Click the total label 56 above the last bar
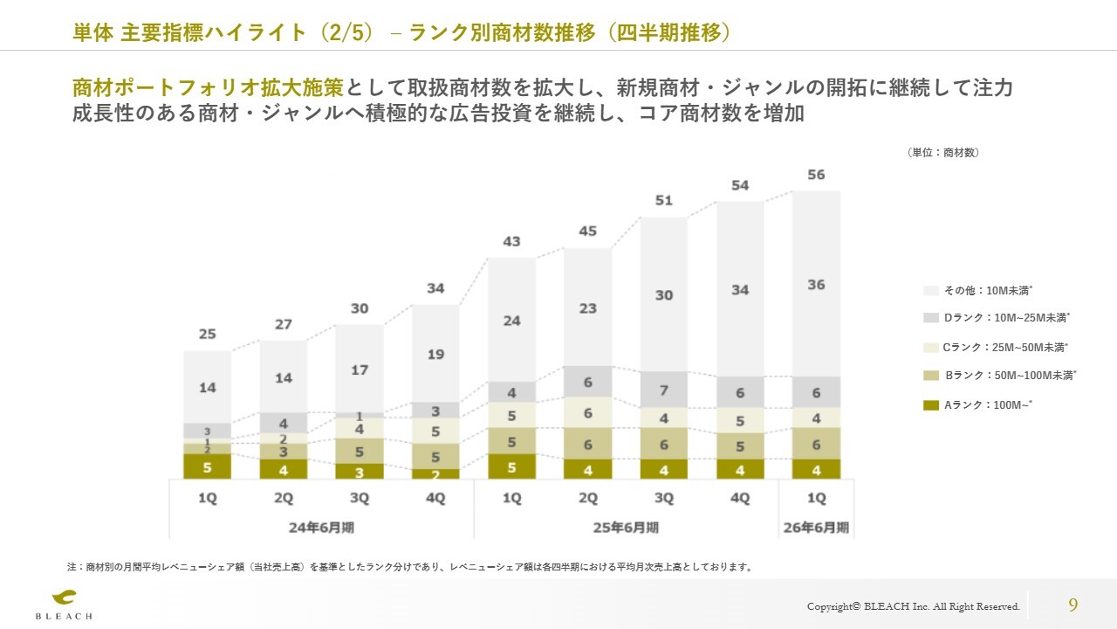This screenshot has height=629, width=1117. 816,175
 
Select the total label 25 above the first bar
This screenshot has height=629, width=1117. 207,334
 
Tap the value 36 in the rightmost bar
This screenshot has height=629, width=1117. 816,285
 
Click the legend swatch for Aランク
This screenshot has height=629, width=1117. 930,404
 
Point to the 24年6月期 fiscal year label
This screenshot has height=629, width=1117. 320,528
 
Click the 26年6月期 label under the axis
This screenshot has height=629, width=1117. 816,528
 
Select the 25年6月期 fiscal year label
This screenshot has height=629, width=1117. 626,528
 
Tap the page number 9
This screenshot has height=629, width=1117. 1072,605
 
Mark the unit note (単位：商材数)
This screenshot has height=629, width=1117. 943,152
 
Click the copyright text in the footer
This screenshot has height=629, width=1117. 913,606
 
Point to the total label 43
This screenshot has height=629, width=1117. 511,242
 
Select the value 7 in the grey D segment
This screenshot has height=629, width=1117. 664,390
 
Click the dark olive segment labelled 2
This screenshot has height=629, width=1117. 435,473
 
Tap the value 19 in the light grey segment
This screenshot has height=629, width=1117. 435,354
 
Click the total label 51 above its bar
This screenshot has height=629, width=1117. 664,201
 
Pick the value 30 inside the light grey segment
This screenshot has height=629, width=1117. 664,295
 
